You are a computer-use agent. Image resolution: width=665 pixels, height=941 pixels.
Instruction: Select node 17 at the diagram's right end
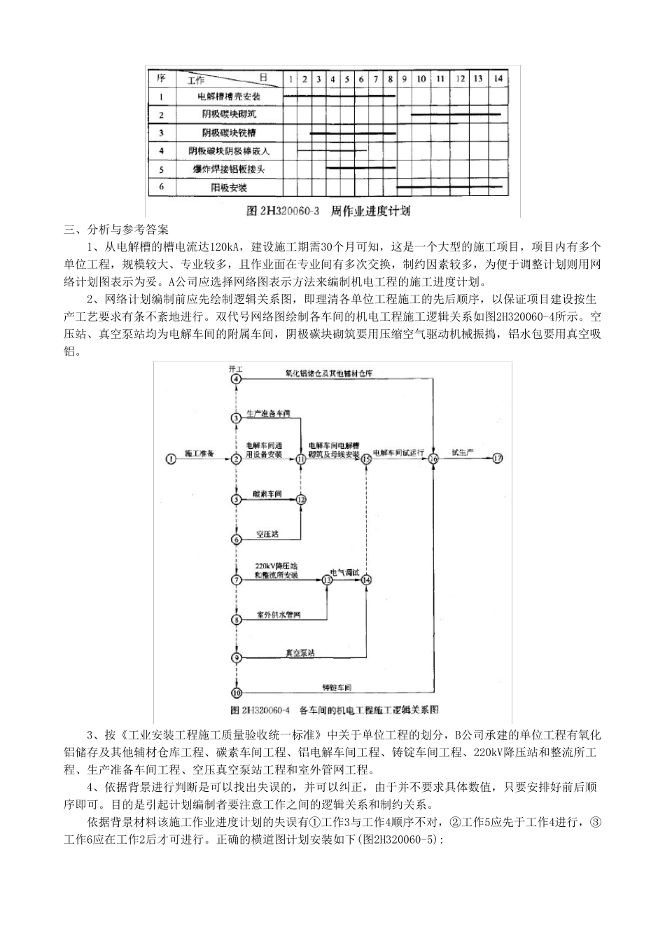[x=498, y=459]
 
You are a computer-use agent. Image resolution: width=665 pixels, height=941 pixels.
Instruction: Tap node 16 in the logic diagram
[x=433, y=459]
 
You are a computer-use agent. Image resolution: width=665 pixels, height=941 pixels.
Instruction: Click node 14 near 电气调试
[x=366, y=580]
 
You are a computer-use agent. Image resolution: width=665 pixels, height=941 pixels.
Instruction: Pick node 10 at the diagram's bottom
[x=237, y=692]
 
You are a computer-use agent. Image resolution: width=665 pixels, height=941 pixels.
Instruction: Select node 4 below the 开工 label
[x=237, y=379]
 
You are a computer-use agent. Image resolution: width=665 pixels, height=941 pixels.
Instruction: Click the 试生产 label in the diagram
[x=463, y=452]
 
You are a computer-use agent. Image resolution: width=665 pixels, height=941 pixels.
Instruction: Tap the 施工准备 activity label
[x=199, y=453]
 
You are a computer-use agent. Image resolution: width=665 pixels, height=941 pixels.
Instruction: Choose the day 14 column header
[x=497, y=79]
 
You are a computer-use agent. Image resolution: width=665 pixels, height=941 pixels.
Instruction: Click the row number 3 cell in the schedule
[x=162, y=132]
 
